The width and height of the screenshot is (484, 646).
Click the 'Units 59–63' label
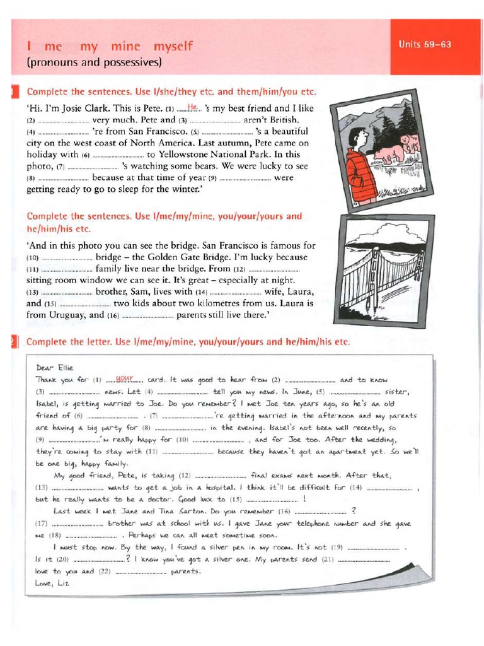click(425, 45)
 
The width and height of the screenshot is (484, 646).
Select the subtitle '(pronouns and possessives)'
click(94, 62)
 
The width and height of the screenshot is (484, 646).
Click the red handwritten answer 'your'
click(126, 379)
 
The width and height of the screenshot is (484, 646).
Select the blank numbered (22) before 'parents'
click(142, 572)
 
